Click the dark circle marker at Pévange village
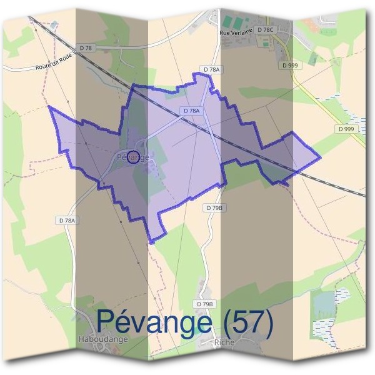[132, 156]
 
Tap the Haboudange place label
[104, 339]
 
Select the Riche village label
[223, 342]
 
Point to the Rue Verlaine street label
[236, 31]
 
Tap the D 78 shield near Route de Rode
[86, 48]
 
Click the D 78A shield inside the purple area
[192, 111]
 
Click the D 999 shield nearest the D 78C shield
[289, 65]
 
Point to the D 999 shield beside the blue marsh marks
[345, 129]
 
